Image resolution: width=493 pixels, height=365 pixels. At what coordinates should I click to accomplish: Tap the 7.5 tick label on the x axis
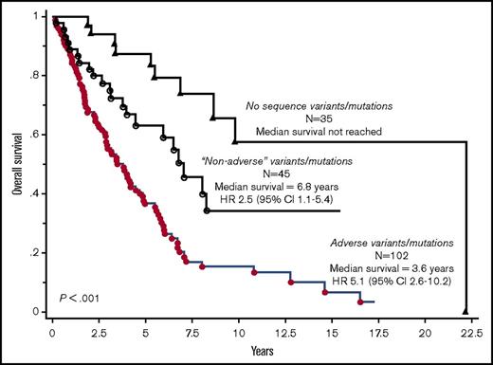pos(192,334)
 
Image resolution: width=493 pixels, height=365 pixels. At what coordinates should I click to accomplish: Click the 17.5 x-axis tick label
pos(376,334)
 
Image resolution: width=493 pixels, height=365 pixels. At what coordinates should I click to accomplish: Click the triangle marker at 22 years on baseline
pos(465,310)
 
